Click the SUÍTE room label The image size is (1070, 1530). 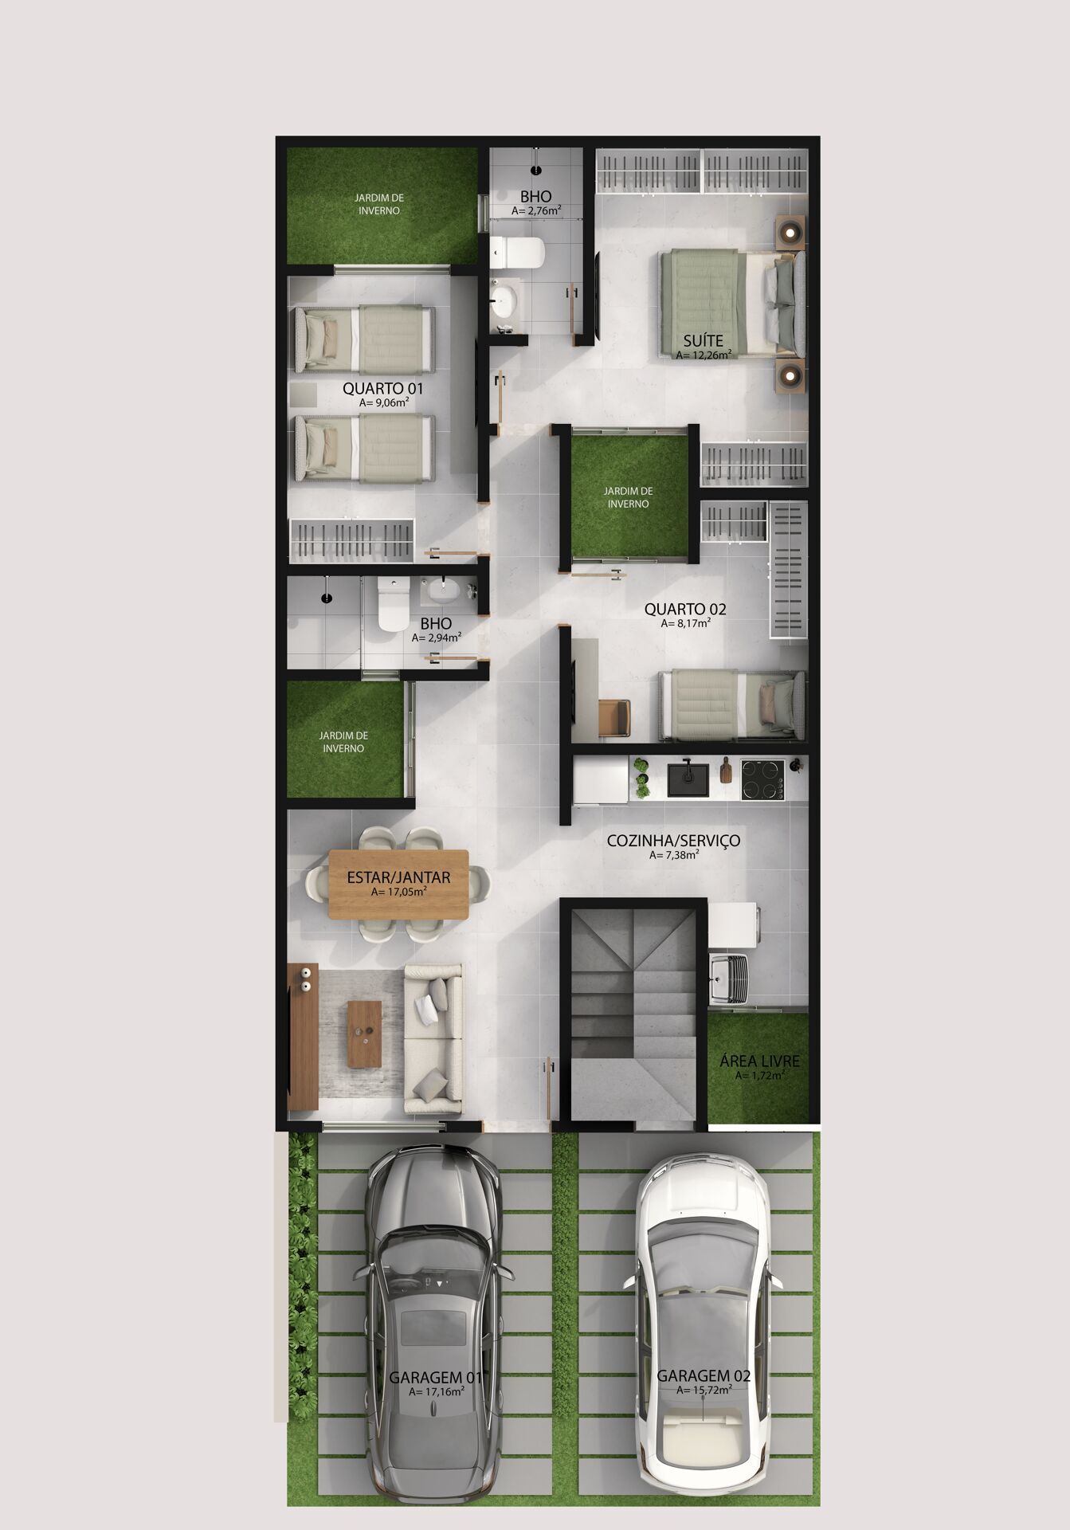[703, 340]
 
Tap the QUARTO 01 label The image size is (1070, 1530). [382, 389]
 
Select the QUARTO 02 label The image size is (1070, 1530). [685, 610]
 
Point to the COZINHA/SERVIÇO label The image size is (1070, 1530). [673, 841]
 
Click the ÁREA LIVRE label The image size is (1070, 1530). [759, 1061]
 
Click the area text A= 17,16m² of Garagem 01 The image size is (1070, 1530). [436, 1391]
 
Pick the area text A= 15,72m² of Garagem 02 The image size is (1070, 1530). [704, 1390]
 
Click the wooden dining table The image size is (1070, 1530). [398, 885]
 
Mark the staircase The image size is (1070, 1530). [633, 1012]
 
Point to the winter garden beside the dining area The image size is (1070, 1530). [345, 741]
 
